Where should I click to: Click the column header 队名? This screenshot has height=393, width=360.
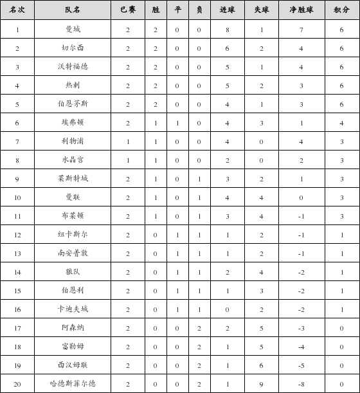(73, 10)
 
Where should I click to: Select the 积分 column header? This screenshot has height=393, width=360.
(341, 10)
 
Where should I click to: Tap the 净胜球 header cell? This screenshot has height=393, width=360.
(300, 10)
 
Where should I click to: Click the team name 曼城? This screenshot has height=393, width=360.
(73, 29)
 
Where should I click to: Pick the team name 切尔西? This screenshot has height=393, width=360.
(73, 48)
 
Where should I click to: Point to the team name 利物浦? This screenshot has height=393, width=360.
(73, 142)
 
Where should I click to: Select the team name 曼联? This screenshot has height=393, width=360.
(73, 197)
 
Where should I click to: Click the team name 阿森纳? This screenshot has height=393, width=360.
(73, 328)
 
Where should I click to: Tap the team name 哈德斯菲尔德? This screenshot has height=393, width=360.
(73, 384)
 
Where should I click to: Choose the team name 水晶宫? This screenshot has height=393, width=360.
(73, 160)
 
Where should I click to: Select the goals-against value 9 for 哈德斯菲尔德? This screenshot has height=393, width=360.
(262, 384)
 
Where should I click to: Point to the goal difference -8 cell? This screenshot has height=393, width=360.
(300, 384)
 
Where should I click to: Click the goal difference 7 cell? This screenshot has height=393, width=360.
(300, 29)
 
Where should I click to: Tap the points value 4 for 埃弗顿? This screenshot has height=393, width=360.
(341, 123)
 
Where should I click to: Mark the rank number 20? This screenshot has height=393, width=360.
(17, 384)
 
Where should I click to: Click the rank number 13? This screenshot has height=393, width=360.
(17, 253)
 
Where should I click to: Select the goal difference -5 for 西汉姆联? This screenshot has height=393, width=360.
(300, 365)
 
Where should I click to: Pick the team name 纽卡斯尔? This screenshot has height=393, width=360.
(73, 235)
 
